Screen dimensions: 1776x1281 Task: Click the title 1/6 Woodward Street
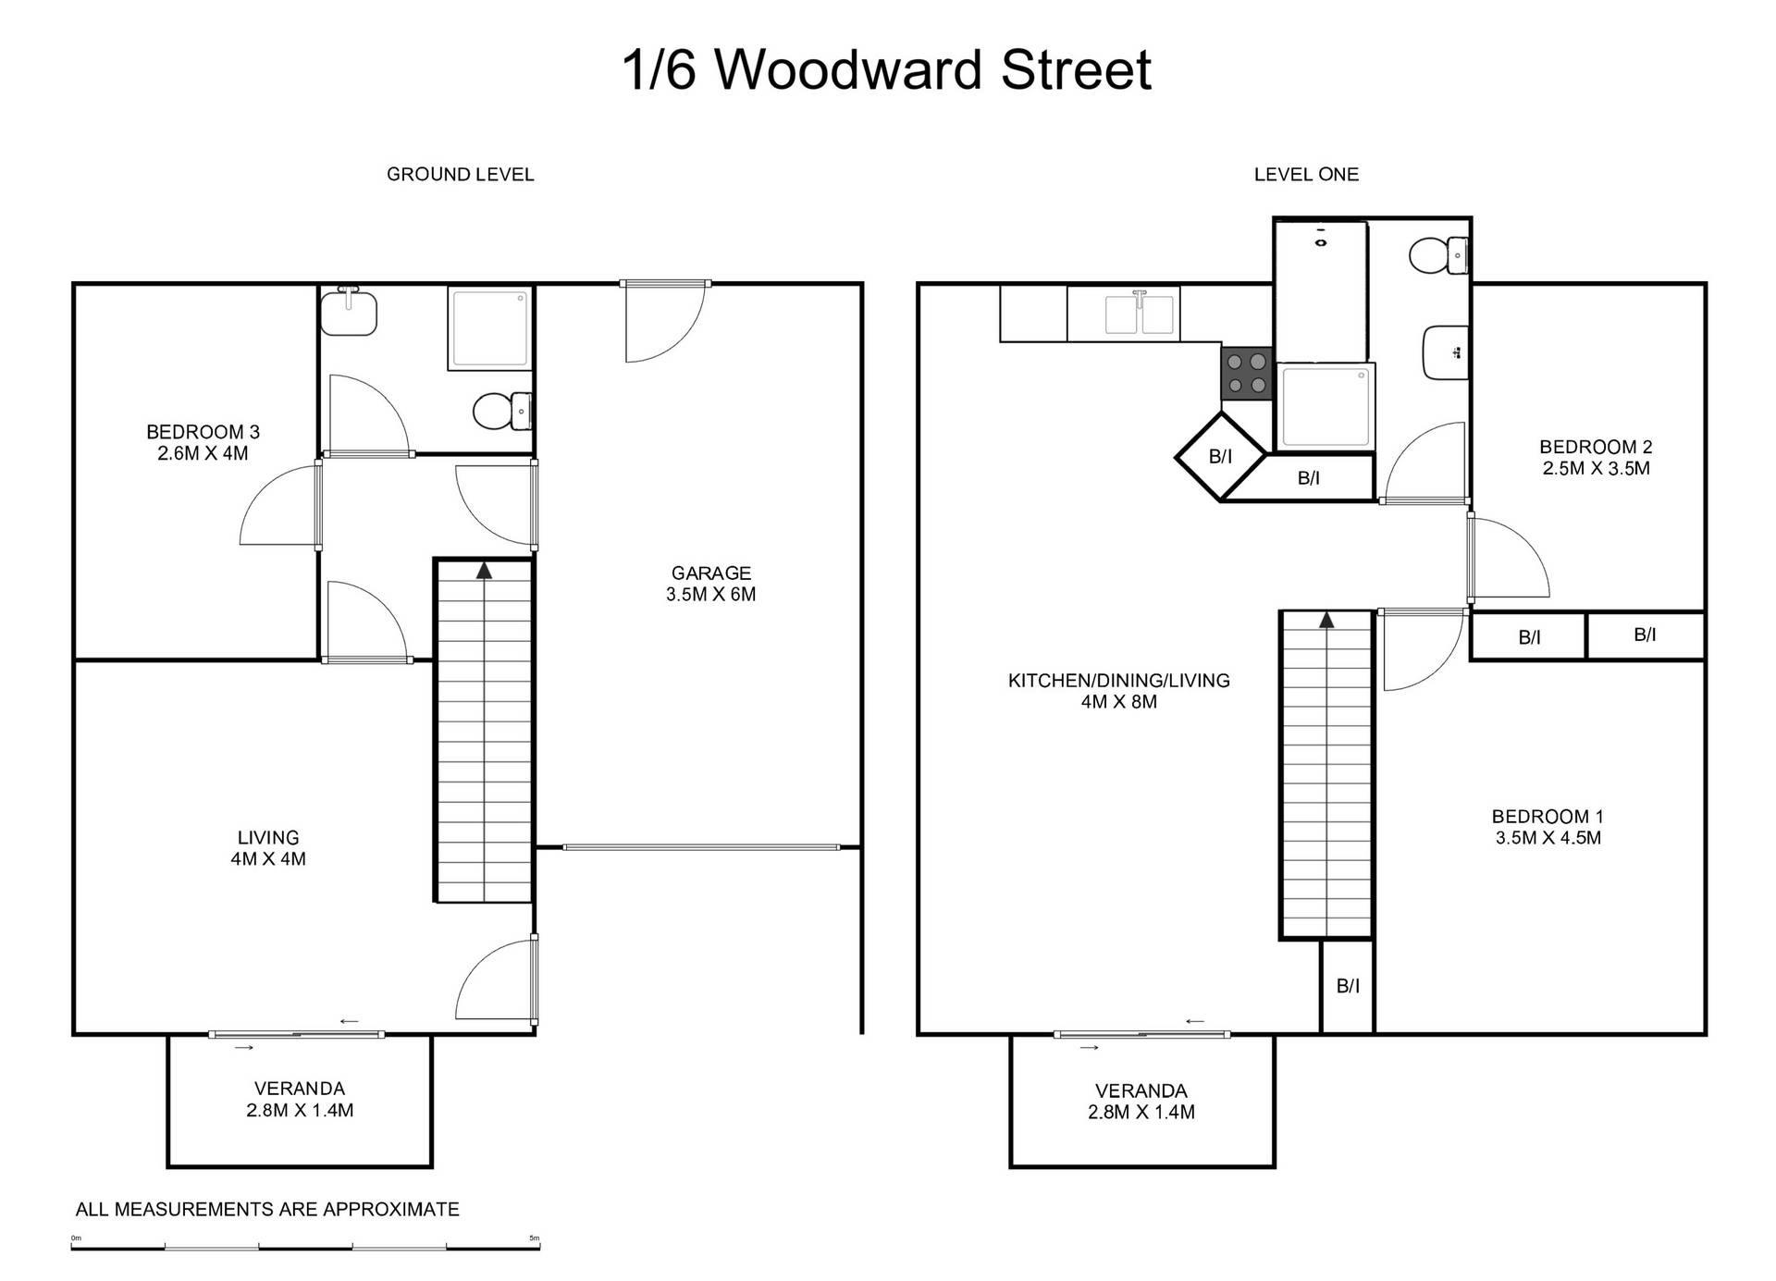(887, 69)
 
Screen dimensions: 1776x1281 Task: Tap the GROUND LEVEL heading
(460, 174)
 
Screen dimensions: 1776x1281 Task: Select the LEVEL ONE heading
(1306, 174)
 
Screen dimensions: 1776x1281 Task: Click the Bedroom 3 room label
(203, 442)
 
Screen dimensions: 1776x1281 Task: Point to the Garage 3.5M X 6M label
(710, 584)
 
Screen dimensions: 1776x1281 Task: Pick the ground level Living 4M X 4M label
(268, 847)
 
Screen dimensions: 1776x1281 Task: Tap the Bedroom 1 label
(1548, 827)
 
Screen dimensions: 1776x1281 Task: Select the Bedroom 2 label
(1596, 457)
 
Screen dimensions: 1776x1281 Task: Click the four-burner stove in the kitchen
(1247, 374)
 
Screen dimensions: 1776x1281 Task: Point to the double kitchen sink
(1141, 314)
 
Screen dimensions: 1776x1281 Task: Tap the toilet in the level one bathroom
(1439, 254)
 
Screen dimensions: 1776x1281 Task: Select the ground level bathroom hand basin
(349, 311)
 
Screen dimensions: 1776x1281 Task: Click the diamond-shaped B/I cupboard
(1221, 456)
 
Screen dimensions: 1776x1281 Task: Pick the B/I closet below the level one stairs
(1348, 986)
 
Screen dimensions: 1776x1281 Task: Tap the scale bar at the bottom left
(305, 1248)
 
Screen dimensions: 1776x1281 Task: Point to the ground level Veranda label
(300, 1100)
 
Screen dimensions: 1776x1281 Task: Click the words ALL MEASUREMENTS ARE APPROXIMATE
(267, 1209)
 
